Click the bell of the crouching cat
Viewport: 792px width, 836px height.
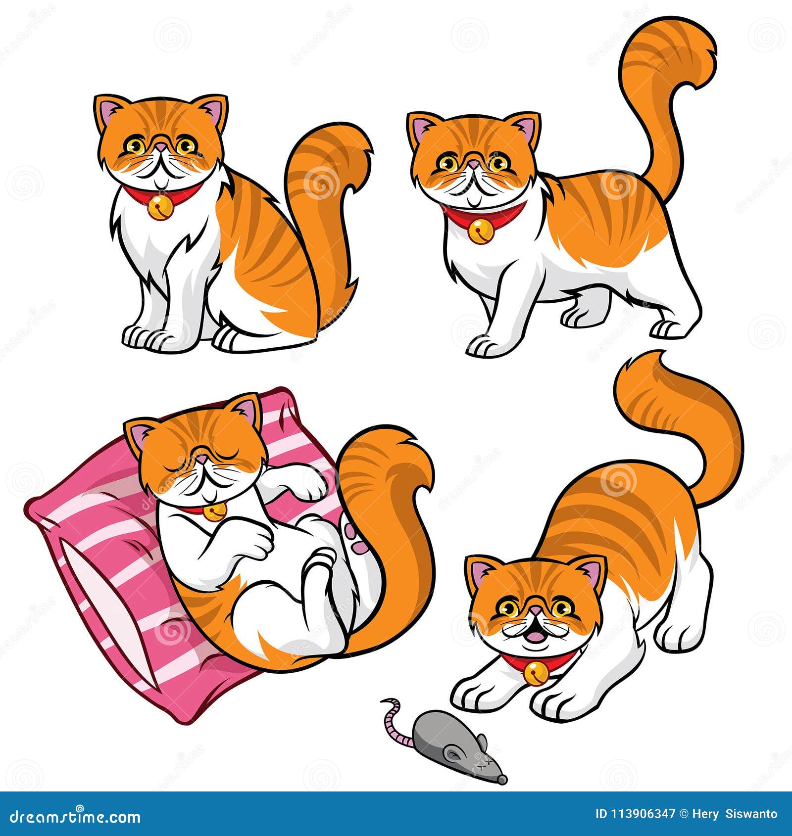tap(536, 673)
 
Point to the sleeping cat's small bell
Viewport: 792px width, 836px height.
tap(214, 511)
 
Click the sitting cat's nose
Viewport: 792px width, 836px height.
tap(161, 147)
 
